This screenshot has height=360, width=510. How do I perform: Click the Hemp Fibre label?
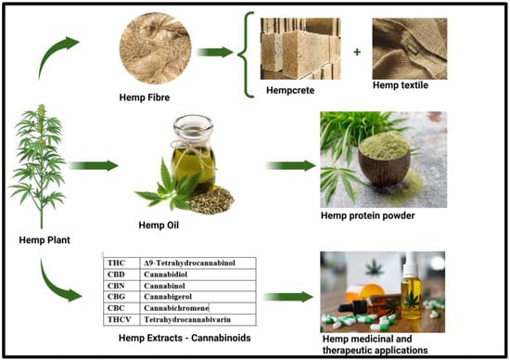[x=145, y=97]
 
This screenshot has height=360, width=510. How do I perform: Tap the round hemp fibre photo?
[x=156, y=48]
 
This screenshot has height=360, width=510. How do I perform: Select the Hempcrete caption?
[x=290, y=91]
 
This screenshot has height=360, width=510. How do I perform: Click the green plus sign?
[x=357, y=52]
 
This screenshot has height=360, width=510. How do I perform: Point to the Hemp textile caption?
[x=401, y=85]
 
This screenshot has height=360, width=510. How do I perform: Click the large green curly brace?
[x=246, y=55]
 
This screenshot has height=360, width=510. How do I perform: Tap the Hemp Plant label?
[x=45, y=240]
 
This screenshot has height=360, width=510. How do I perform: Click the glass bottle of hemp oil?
[x=193, y=153]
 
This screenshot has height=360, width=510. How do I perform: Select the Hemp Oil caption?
[x=159, y=225]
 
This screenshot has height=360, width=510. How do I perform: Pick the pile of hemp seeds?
[x=211, y=199]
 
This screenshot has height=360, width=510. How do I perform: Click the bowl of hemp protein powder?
[x=384, y=159]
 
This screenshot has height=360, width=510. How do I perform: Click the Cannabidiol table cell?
[x=198, y=275]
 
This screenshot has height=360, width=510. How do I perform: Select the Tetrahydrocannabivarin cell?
[x=198, y=319]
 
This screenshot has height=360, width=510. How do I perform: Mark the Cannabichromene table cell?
[x=198, y=308]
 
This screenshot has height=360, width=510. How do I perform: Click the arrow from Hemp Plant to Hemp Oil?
[x=94, y=166]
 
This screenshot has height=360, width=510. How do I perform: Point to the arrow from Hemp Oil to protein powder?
[x=291, y=166]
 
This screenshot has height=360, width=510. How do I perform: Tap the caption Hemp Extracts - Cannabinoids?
[x=185, y=338]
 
